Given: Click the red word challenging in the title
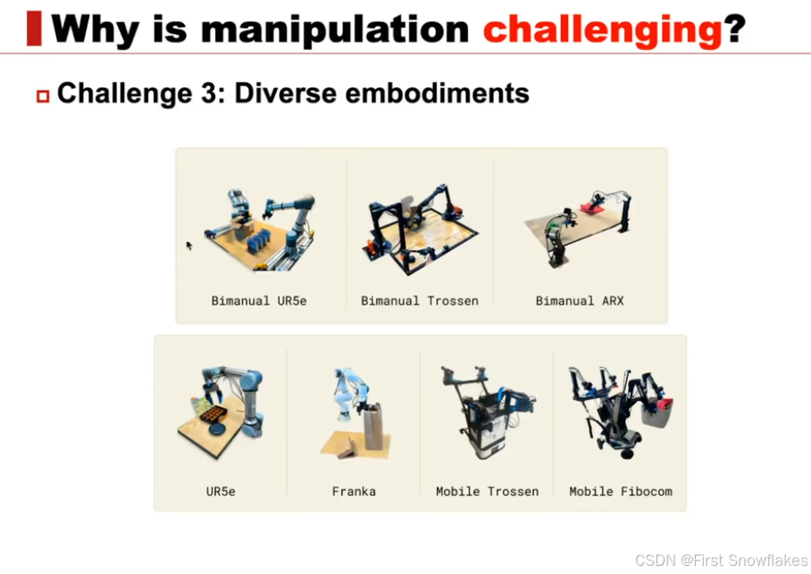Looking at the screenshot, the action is click(602, 30).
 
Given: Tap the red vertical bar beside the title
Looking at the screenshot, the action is click(34, 28).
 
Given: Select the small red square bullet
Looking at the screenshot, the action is click(43, 96).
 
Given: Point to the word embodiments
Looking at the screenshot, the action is click(437, 94).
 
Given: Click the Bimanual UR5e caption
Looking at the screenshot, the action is click(259, 301).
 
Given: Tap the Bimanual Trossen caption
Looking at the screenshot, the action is click(420, 301).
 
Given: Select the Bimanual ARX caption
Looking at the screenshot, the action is click(580, 301).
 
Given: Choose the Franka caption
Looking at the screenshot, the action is click(354, 491).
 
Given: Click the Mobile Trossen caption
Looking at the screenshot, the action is click(487, 491).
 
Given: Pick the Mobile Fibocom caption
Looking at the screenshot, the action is click(621, 491).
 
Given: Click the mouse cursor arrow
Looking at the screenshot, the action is click(189, 245).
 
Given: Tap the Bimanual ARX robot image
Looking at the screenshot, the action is click(578, 228).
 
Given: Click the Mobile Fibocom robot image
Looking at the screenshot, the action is click(621, 412).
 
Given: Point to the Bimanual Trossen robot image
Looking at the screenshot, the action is click(420, 229).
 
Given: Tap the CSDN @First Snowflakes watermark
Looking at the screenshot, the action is click(721, 560).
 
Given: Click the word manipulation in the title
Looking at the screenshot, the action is click(335, 30).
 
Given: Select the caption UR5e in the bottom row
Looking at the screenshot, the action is click(221, 491).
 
